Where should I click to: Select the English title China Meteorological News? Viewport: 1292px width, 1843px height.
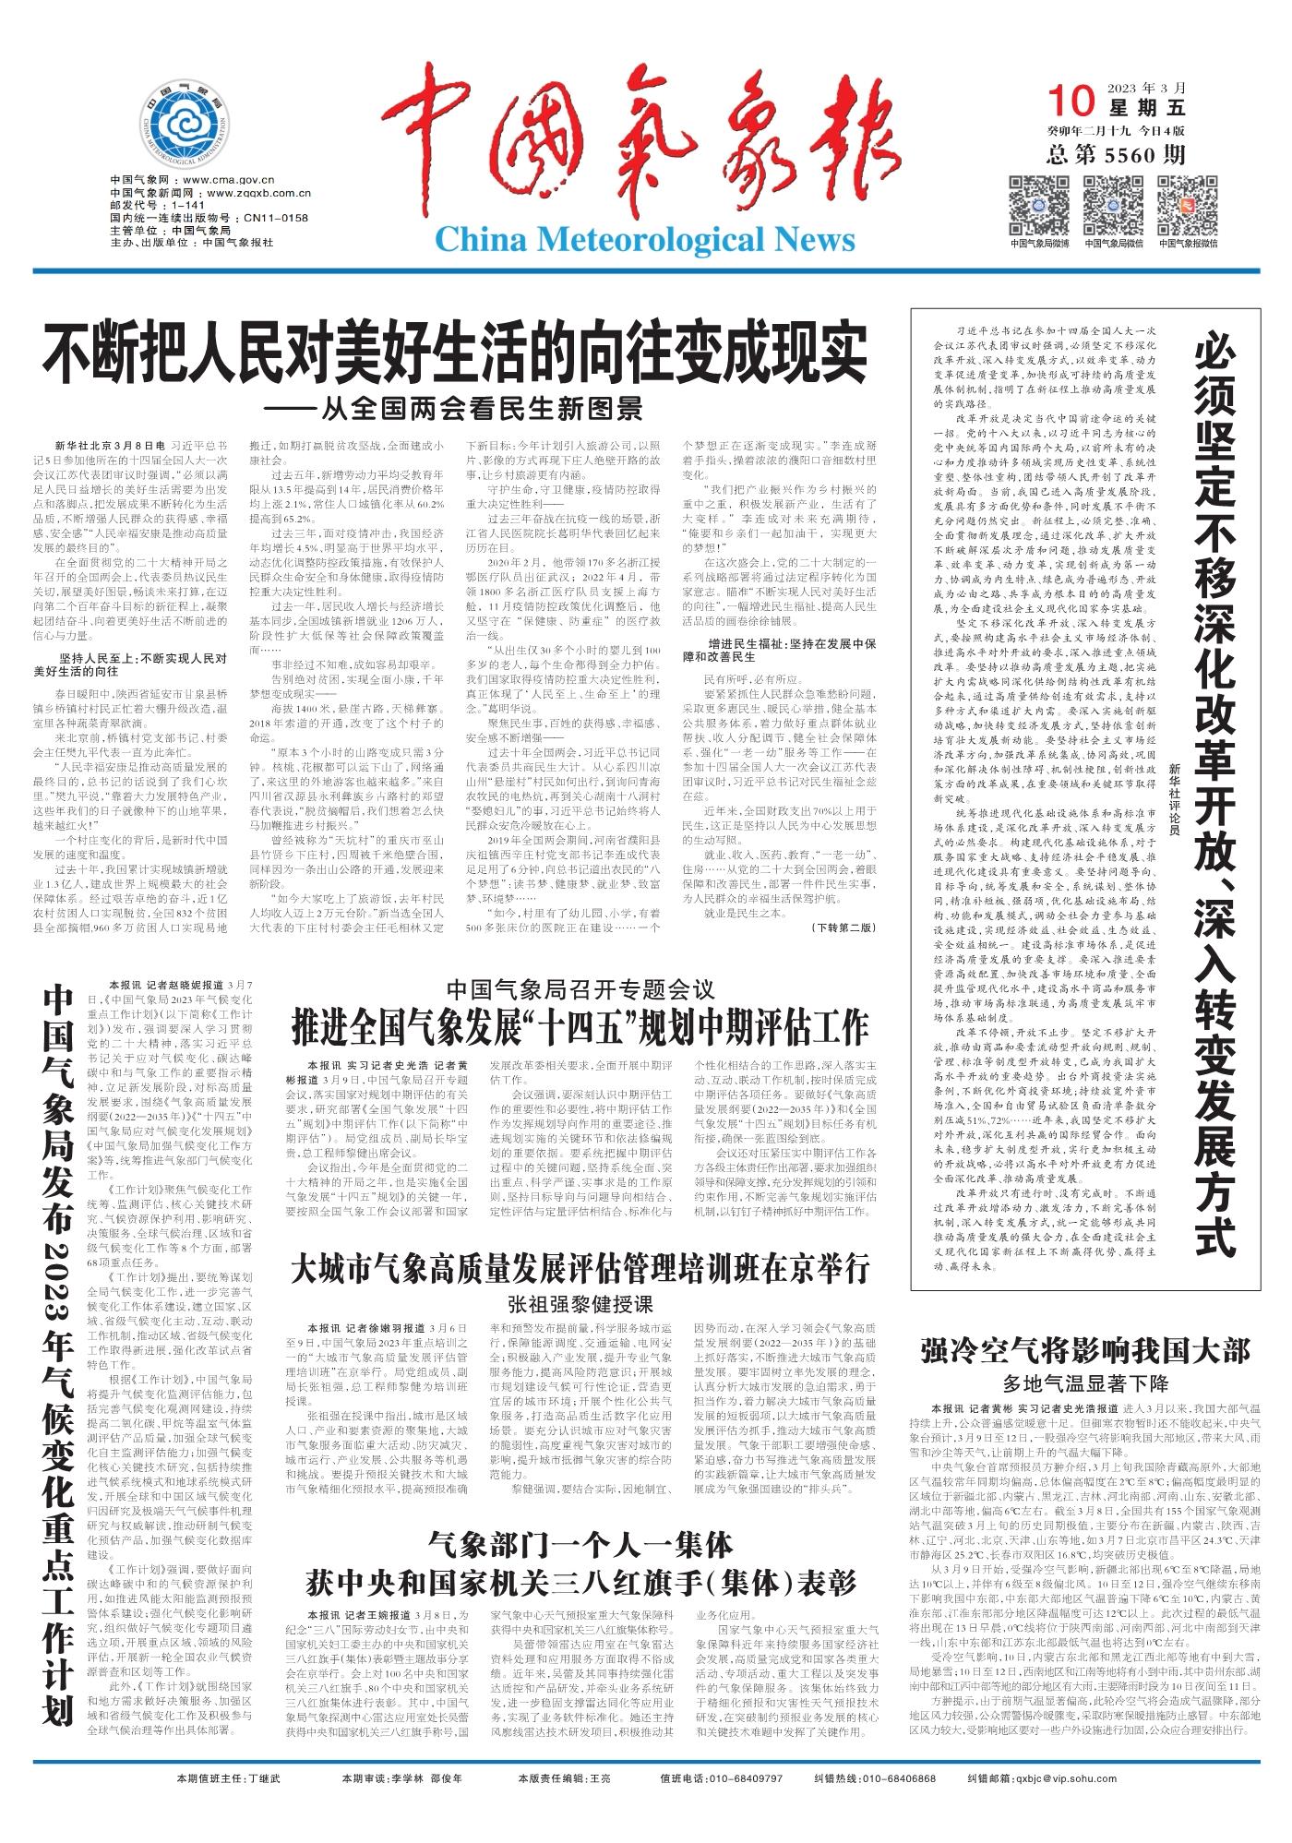coord(644,240)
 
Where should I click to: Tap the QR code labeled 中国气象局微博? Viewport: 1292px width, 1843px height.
coord(1039,205)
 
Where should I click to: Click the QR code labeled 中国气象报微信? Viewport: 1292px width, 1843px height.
coord(1188,205)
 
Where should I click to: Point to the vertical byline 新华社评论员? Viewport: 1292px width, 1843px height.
coord(1173,804)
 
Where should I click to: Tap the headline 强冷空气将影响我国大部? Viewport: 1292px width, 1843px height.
coord(1084,1353)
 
